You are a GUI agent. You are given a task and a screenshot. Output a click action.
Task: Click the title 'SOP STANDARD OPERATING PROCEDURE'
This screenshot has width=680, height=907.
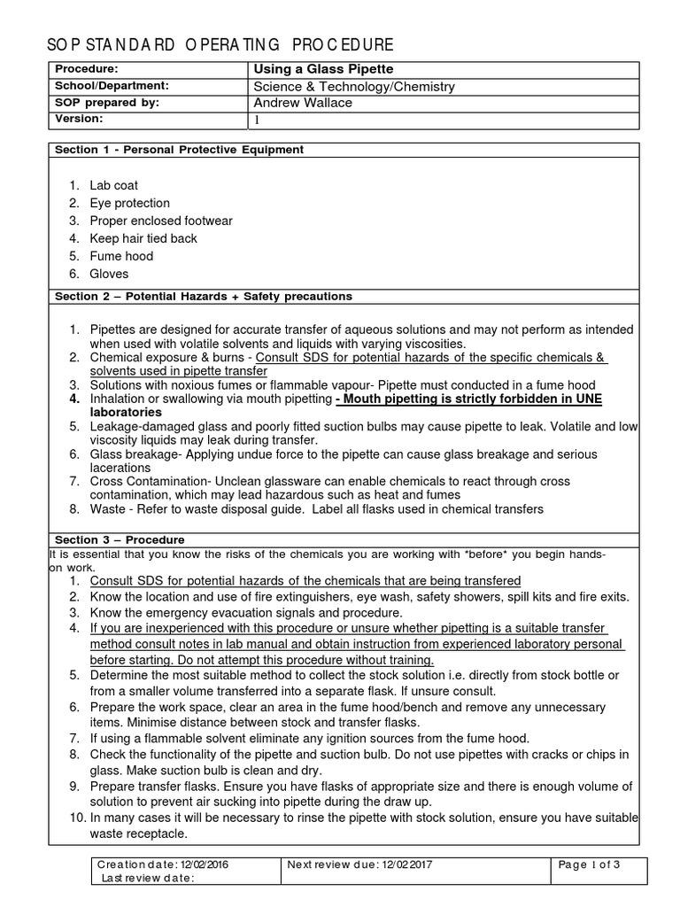pos(220,45)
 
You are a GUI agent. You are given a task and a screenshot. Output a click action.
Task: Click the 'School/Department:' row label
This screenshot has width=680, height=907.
pos(112,86)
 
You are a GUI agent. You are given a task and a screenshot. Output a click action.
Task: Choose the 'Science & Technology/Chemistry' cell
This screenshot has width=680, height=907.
pos(354,86)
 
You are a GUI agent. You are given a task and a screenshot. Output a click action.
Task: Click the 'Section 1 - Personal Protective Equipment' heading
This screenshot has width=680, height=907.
pos(179,150)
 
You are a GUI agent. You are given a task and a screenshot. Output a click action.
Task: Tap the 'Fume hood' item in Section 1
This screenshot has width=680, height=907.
pos(121,256)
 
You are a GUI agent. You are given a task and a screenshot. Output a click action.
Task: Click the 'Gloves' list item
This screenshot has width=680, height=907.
pos(109,274)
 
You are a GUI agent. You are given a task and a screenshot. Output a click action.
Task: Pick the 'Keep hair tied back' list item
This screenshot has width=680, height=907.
pos(143,238)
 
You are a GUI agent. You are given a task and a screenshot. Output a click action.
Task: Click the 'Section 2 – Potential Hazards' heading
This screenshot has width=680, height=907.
pos(203,296)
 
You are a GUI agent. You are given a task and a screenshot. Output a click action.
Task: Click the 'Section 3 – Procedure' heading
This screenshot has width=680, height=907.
pos(120,539)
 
